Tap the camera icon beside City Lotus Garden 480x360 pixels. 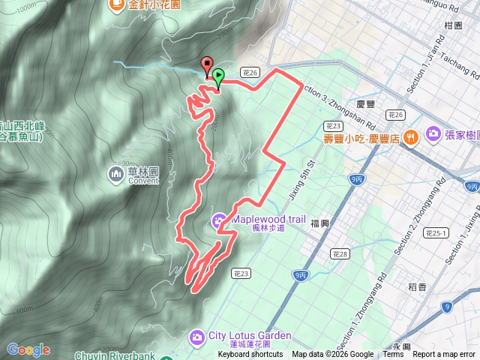click(196, 335)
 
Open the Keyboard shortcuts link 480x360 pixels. click(250, 355)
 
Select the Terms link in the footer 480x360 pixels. click(393, 355)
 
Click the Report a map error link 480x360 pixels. click(444, 355)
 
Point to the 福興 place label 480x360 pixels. click(320, 223)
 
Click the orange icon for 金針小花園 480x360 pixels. click(116, 5)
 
